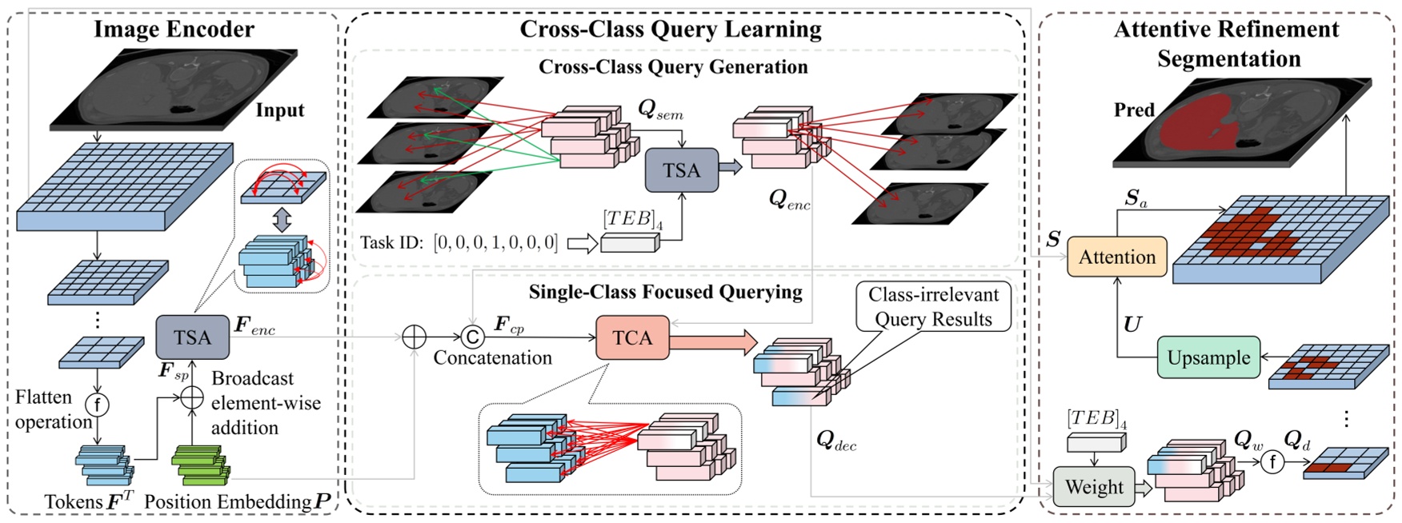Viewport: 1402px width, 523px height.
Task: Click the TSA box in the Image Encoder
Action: click(x=192, y=337)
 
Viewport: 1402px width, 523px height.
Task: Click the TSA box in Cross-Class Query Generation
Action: click(x=681, y=170)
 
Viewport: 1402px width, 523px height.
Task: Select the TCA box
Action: click(x=632, y=337)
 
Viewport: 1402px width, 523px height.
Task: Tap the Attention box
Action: click(x=1116, y=257)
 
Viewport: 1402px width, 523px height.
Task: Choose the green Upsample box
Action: click(x=1208, y=357)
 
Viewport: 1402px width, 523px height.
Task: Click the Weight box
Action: click(x=1093, y=487)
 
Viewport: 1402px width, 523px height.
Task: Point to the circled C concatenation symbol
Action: click(x=472, y=337)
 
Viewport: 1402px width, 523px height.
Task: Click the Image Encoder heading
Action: click(x=174, y=30)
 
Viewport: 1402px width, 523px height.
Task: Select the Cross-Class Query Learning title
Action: click(x=671, y=30)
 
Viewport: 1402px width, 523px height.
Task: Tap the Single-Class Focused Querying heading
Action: click(x=665, y=292)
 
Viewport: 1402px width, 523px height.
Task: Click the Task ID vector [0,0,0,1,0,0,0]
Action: click(x=495, y=242)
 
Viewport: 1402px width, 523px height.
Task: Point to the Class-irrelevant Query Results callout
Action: click(x=933, y=306)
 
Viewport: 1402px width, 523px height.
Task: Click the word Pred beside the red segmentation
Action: click(x=1134, y=110)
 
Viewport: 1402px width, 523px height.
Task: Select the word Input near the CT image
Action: click(x=279, y=110)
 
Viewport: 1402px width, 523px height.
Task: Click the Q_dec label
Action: click(x=835, y=440)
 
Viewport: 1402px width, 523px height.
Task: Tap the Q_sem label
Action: click(x=660, y=110)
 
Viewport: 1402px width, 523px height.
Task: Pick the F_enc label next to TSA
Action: click(x=254, y=325)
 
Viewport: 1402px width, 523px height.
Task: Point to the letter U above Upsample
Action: click(x=1132, y=324)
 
